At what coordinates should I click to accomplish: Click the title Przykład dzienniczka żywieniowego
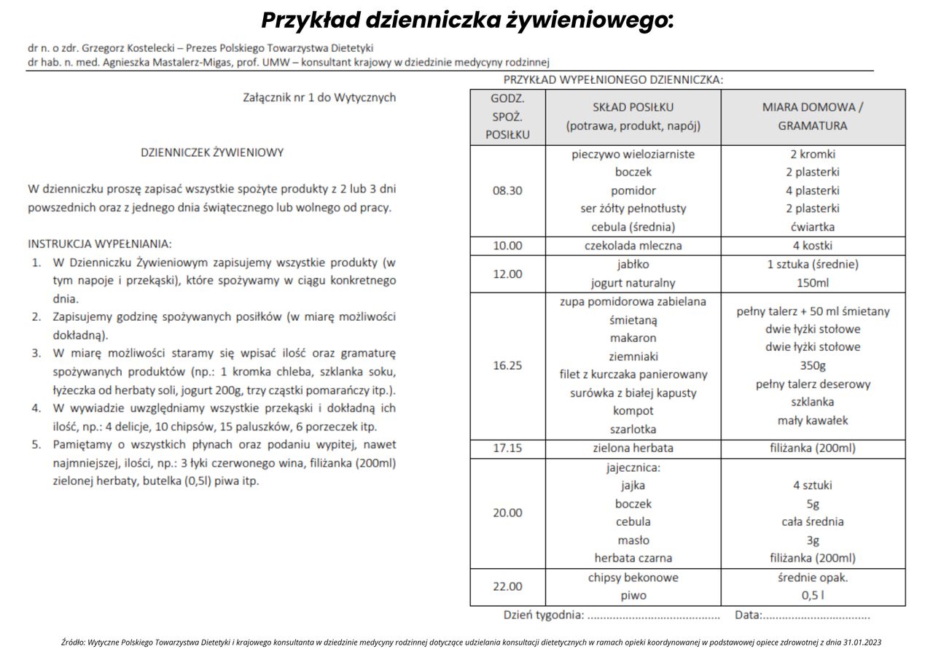(x=466, y=20)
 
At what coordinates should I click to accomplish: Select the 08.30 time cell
(x=507, y=190)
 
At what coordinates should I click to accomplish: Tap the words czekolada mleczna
(x=633, y=246)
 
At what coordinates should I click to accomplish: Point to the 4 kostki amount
(x=813, y=246)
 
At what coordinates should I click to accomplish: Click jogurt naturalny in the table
(x=633, y=283)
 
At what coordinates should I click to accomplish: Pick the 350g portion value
(x=813, y=365)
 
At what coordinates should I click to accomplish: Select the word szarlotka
(x=633, y=430)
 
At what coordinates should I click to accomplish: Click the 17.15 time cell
(x=507, y=448)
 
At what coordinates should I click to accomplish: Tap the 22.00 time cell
(x=507, y=586)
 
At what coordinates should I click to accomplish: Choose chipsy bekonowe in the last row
(x=633, y=578)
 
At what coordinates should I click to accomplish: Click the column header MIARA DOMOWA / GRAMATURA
(x=813, y=116)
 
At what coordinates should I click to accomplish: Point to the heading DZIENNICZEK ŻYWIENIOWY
(x=212, y=152)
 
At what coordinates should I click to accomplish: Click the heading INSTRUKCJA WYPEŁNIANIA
(x=100, y=244)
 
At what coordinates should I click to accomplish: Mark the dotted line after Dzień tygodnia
(x=653, y=616)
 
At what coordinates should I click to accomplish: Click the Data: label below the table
(x=748, y=616)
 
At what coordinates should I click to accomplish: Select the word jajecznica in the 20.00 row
(x=633, y=467)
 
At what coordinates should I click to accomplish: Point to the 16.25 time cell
(x=507, y=365)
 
